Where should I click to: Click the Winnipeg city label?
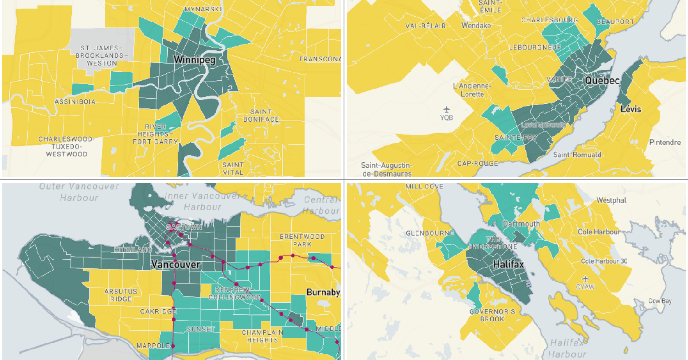[x=194, y=60]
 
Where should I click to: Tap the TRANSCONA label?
[x=320, y=59]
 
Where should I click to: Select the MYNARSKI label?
[x=203, y=9]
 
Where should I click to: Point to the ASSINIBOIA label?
[x=75, y=101]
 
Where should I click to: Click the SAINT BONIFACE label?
[x=264, y=115]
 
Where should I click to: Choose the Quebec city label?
[x=602, y=80]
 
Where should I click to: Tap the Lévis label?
[x=631, y=110]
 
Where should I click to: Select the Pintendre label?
[x=665, y=142]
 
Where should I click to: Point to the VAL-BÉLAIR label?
[x=426, y=26]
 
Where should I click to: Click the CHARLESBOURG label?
[x=549, y=20]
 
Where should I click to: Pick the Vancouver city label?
[x=176, y=265]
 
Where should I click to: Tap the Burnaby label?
[x=323, y=292]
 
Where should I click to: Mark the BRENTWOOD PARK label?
[x=302, y=240]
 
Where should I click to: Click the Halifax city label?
[x=508, y=265]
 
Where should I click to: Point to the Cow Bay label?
[x=660, y=301]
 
